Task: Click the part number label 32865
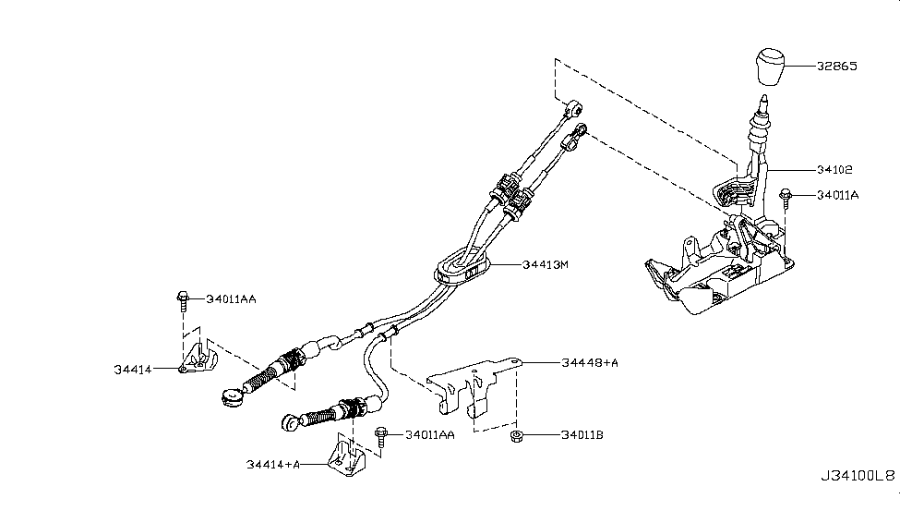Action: pyautogui.click(x=837, y=67)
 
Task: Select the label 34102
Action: pyautogui.click(x=834, y=169)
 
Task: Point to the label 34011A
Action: pyautogui.click(x=838, y=195)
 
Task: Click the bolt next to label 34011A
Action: pyautogui.click(x=786, y=197)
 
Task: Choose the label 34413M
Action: pyautogui.click(x=546, y=264)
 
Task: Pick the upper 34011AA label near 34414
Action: pyautogui.click(x=231, y=298)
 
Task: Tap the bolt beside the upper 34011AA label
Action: pyautogui.click(x=183, y=301)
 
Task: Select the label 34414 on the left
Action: pyautogui.click(x=133, y=370)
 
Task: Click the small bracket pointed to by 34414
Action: pyautogui.click(x=198, y=357)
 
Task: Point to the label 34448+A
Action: pyautogui.click(x=590, y=362)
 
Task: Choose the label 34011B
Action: pyautogui.click(x=582, y=435)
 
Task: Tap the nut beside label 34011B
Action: pyautogui.click(x=517, y=436)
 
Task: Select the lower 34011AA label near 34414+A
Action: pyautogui.click(x=430, y=435)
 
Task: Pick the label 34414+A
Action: pyautogui.click(x=273, y=465)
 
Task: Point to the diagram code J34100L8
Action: pyautogui.click(x=858, y=476)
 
